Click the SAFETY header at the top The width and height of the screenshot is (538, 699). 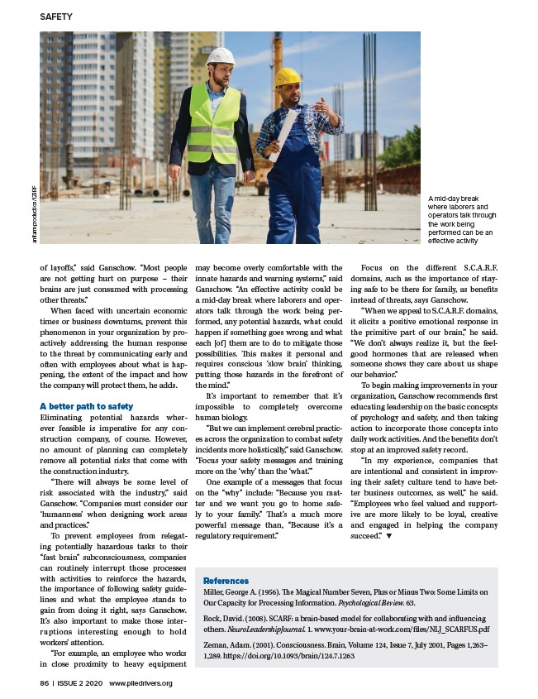pos(56,17)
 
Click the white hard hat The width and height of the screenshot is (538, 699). pos(220,56)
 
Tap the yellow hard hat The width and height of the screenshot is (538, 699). pos(288,77)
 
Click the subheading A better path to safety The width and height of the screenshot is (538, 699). pos(86,406)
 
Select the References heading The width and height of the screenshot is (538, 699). pos(226,581)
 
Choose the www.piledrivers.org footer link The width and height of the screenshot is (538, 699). pos(140,682)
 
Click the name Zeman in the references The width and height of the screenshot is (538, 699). pos(217,643)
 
